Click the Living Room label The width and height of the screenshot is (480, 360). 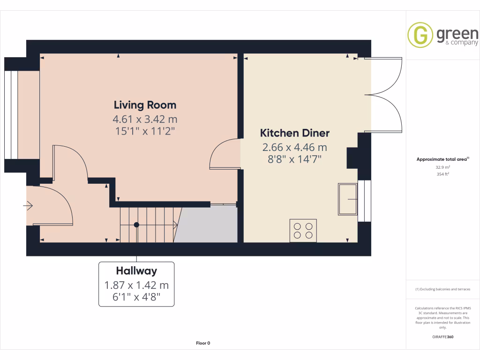pos(145,105)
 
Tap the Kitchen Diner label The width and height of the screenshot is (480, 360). pos(295,133)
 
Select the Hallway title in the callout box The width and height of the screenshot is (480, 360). pos(136,270)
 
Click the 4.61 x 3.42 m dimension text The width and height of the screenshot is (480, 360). pos(145,119)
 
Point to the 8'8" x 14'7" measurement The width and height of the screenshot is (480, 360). pos(295,159)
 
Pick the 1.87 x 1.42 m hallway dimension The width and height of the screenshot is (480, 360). pos(136,285)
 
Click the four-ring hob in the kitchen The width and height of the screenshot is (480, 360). pos(303,230)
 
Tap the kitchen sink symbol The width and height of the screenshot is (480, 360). pos(347,199)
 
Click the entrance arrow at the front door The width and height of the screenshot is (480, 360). pos(29,205)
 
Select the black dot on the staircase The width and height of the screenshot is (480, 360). pos(136,225)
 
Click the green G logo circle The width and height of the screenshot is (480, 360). pos(420,35)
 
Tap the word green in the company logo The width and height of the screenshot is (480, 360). pos(457,34)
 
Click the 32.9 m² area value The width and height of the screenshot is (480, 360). pos(443,167)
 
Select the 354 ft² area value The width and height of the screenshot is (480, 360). pos(443,174)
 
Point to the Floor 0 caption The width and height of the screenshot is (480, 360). pos(203,343)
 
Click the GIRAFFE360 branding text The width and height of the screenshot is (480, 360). pos(443,337)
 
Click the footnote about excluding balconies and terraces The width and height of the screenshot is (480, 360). pos(443,289)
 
